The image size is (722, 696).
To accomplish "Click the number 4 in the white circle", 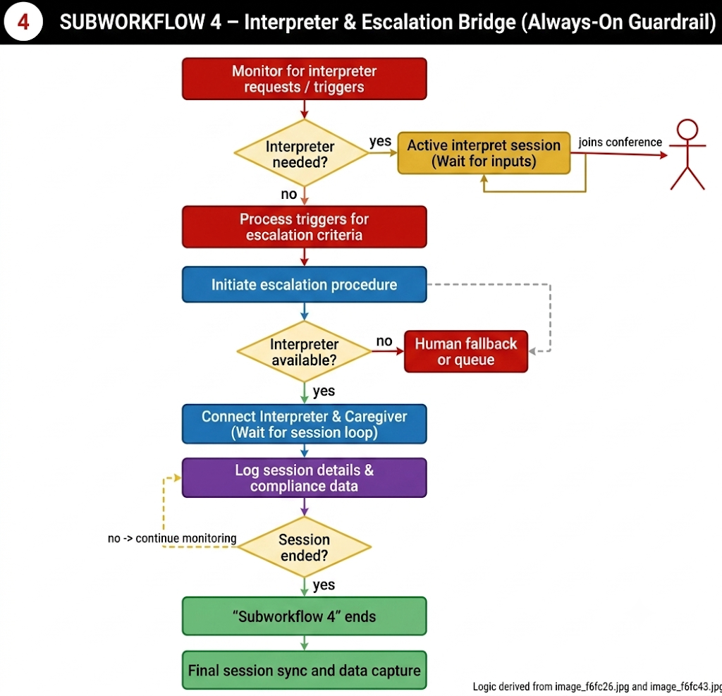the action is tap(23, 22).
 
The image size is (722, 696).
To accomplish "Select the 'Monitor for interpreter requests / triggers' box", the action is tap(305, 79).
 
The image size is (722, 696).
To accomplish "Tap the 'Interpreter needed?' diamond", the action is tap(302, 154).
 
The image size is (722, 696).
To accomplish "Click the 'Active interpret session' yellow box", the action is tap(484, 153).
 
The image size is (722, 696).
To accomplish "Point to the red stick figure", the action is tap(687, 154).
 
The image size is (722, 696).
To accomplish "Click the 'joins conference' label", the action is tap(620, 142).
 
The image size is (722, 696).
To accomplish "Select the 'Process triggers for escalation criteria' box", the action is tap(305, 226).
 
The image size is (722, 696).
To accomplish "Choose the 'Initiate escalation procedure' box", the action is tap(305, 284).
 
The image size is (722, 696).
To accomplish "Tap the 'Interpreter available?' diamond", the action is tap(304, 351).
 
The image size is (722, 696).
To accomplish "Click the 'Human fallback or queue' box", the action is tap(466, 351).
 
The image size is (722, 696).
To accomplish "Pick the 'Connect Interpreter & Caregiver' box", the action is tap(305, 424).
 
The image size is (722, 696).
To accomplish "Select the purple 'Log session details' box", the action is tap(305, 477).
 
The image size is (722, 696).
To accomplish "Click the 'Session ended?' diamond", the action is tap(304, 547).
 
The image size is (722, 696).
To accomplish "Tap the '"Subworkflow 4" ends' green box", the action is tap(305, 616).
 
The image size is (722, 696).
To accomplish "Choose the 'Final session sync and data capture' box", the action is tap(305, 670).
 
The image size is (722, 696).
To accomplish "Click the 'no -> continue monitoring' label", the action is tap(172, 538).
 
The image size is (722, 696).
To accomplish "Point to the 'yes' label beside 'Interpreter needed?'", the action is tap(380, 142).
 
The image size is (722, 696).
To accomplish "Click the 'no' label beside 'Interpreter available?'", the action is tap(384, 341).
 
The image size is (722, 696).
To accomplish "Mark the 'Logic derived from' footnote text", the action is tap(597, 686).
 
